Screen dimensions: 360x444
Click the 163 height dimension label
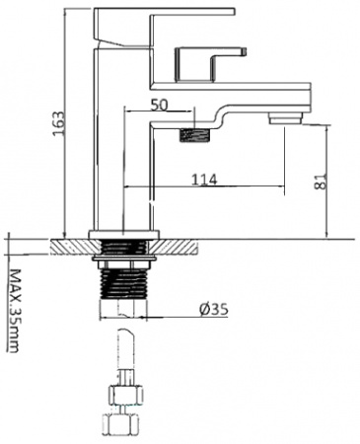coord(58,123)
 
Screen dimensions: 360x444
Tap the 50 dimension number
coord(159,105)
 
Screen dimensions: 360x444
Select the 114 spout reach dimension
coord(204,180)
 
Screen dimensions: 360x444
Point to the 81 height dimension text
coord(321,182)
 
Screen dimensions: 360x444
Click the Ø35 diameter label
coord(214,309)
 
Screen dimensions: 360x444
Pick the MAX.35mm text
coord(13,311)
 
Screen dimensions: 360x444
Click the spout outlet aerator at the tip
coord(286,118)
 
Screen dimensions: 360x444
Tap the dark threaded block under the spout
coord(194,135)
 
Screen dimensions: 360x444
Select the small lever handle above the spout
coord(211,64)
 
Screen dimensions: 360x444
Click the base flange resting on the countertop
coord(123,235)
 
